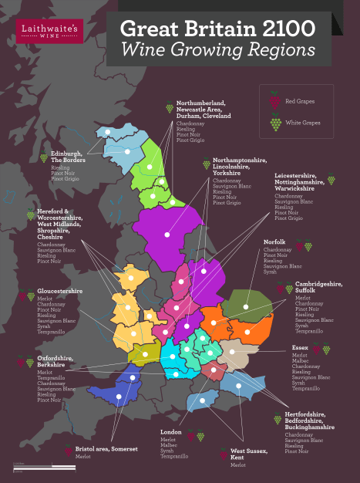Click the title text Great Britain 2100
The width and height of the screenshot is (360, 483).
click(x=217, y=30)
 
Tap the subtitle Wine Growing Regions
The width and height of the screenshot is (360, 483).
click(x=217, y=50)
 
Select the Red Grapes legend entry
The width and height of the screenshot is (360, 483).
click(x=298, y=101)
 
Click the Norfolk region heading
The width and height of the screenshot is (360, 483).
click(x=275, y=242)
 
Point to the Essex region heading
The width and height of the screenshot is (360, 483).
click(x=301, y=348)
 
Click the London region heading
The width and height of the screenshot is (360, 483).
click(x=170, y=432)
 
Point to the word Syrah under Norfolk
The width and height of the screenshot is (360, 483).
click(x=271, y=272)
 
